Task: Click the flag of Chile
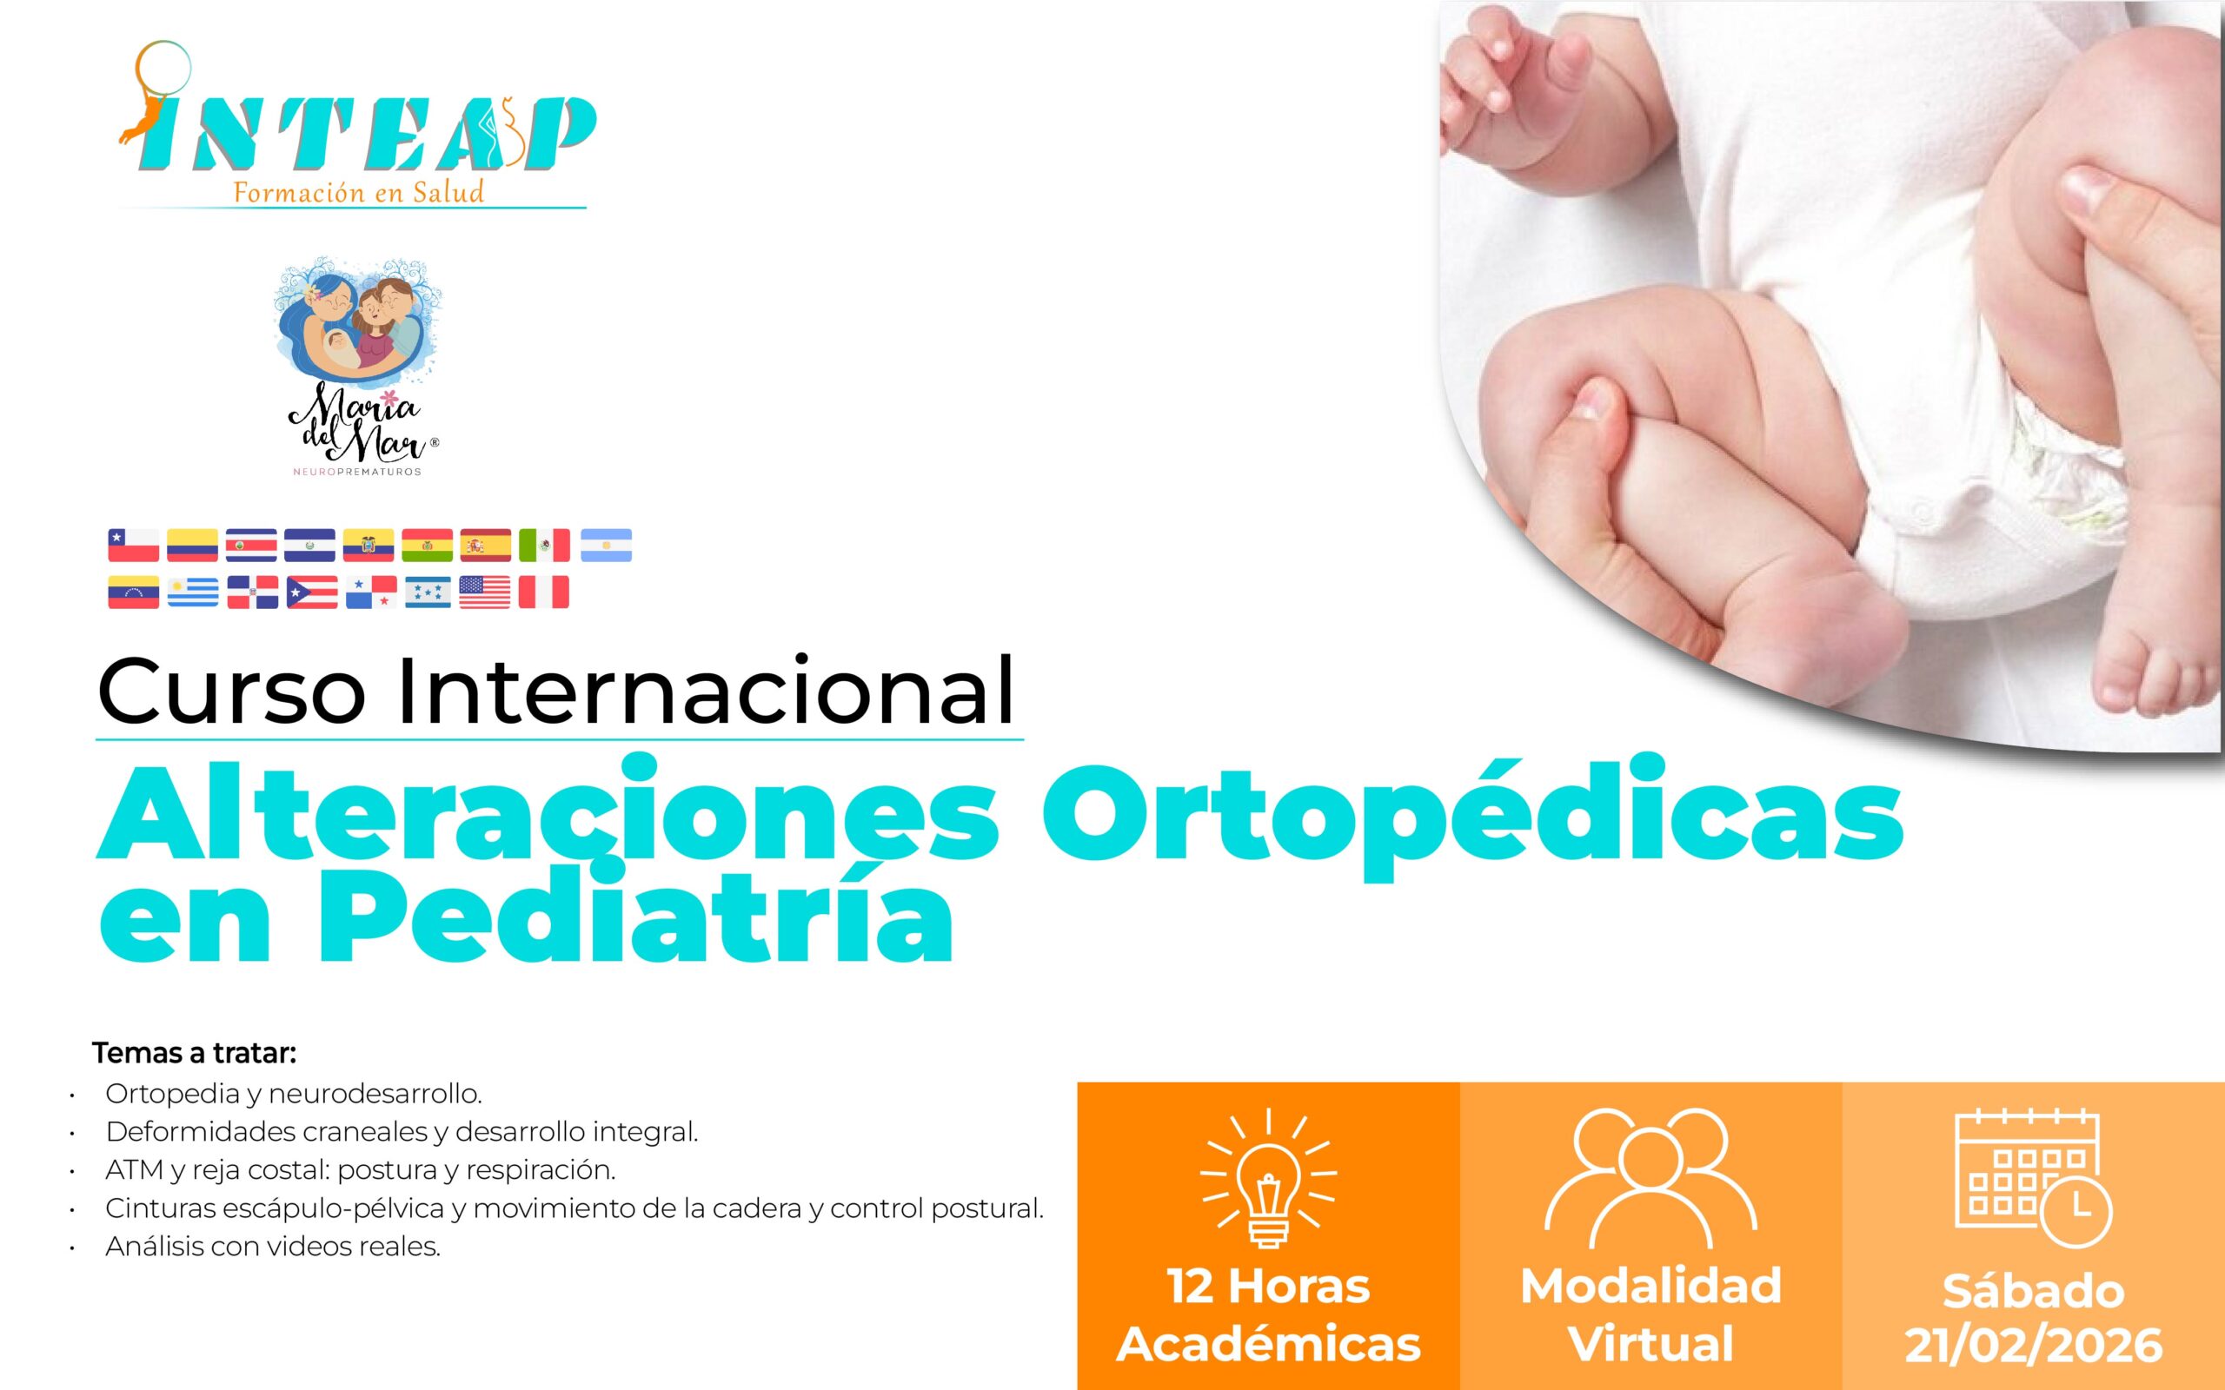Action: click(133, 546)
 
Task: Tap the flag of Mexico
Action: click(544, 546)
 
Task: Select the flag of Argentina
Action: click(606, 546)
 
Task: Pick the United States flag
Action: click(484, 592)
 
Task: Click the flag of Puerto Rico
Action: click(313, 592)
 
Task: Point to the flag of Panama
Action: click(371, 592)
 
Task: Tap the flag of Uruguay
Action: click(193, 592)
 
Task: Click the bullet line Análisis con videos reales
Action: click(273, 1247)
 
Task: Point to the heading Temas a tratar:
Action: click(194, 1053)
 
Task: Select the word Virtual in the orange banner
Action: click(1650, 1343)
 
